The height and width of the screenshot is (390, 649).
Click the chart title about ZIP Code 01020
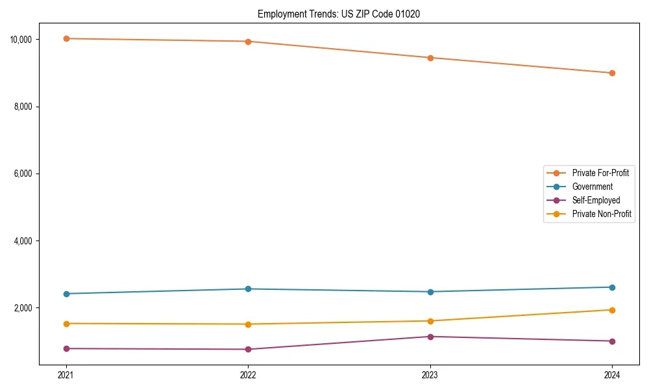tap(339, 14)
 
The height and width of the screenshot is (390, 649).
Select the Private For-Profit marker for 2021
tap(66, 38)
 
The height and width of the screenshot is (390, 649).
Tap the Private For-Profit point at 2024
tap(612, 73)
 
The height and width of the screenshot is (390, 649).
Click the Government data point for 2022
tap(248, 289)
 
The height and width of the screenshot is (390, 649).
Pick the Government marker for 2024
tap(612, 287)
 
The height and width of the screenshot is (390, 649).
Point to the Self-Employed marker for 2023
tap(430, 337)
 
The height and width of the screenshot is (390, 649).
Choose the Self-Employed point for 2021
tap(66, 348)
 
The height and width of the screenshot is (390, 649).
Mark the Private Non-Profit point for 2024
tap(612, 310)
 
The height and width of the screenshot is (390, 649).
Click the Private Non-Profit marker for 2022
tap(248, 324)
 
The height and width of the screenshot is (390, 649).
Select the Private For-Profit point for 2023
tap(430, 58)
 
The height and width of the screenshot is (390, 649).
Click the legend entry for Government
tap(592, 187)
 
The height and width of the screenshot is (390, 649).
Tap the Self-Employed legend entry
tap(596, 200)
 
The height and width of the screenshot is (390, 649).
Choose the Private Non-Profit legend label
tap(602, 214)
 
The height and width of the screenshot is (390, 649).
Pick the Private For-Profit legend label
tap(600, 173)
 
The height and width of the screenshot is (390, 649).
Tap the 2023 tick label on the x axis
tap(430, 375)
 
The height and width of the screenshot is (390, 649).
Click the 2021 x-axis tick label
tap(66, 375)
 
